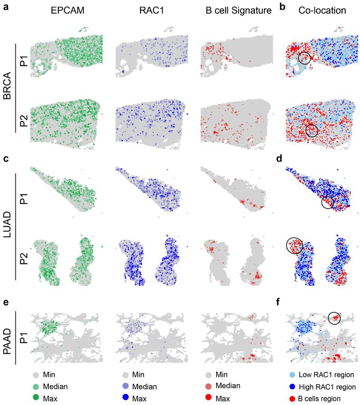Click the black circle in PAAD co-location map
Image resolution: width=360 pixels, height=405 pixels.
334,318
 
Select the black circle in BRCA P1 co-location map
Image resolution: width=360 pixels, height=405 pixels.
305,58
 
